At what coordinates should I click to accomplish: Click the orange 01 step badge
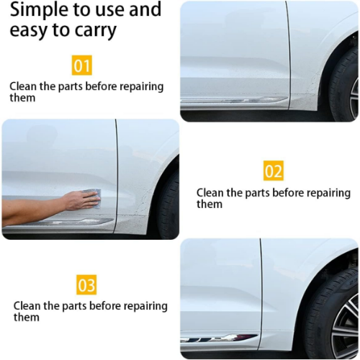coord(81,66)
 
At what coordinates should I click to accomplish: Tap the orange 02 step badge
coord(274,171)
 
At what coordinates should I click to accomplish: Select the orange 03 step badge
coord(86,285)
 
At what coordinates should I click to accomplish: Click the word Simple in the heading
coord(39,10)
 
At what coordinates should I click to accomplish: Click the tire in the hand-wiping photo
coord(168,204)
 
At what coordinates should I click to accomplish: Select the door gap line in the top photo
coord(289,55)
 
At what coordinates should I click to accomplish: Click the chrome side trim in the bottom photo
coord(217,338)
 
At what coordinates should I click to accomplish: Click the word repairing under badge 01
coord(142,87)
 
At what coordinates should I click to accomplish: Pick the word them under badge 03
coord(27,318)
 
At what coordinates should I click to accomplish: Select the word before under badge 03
coord(105,306)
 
